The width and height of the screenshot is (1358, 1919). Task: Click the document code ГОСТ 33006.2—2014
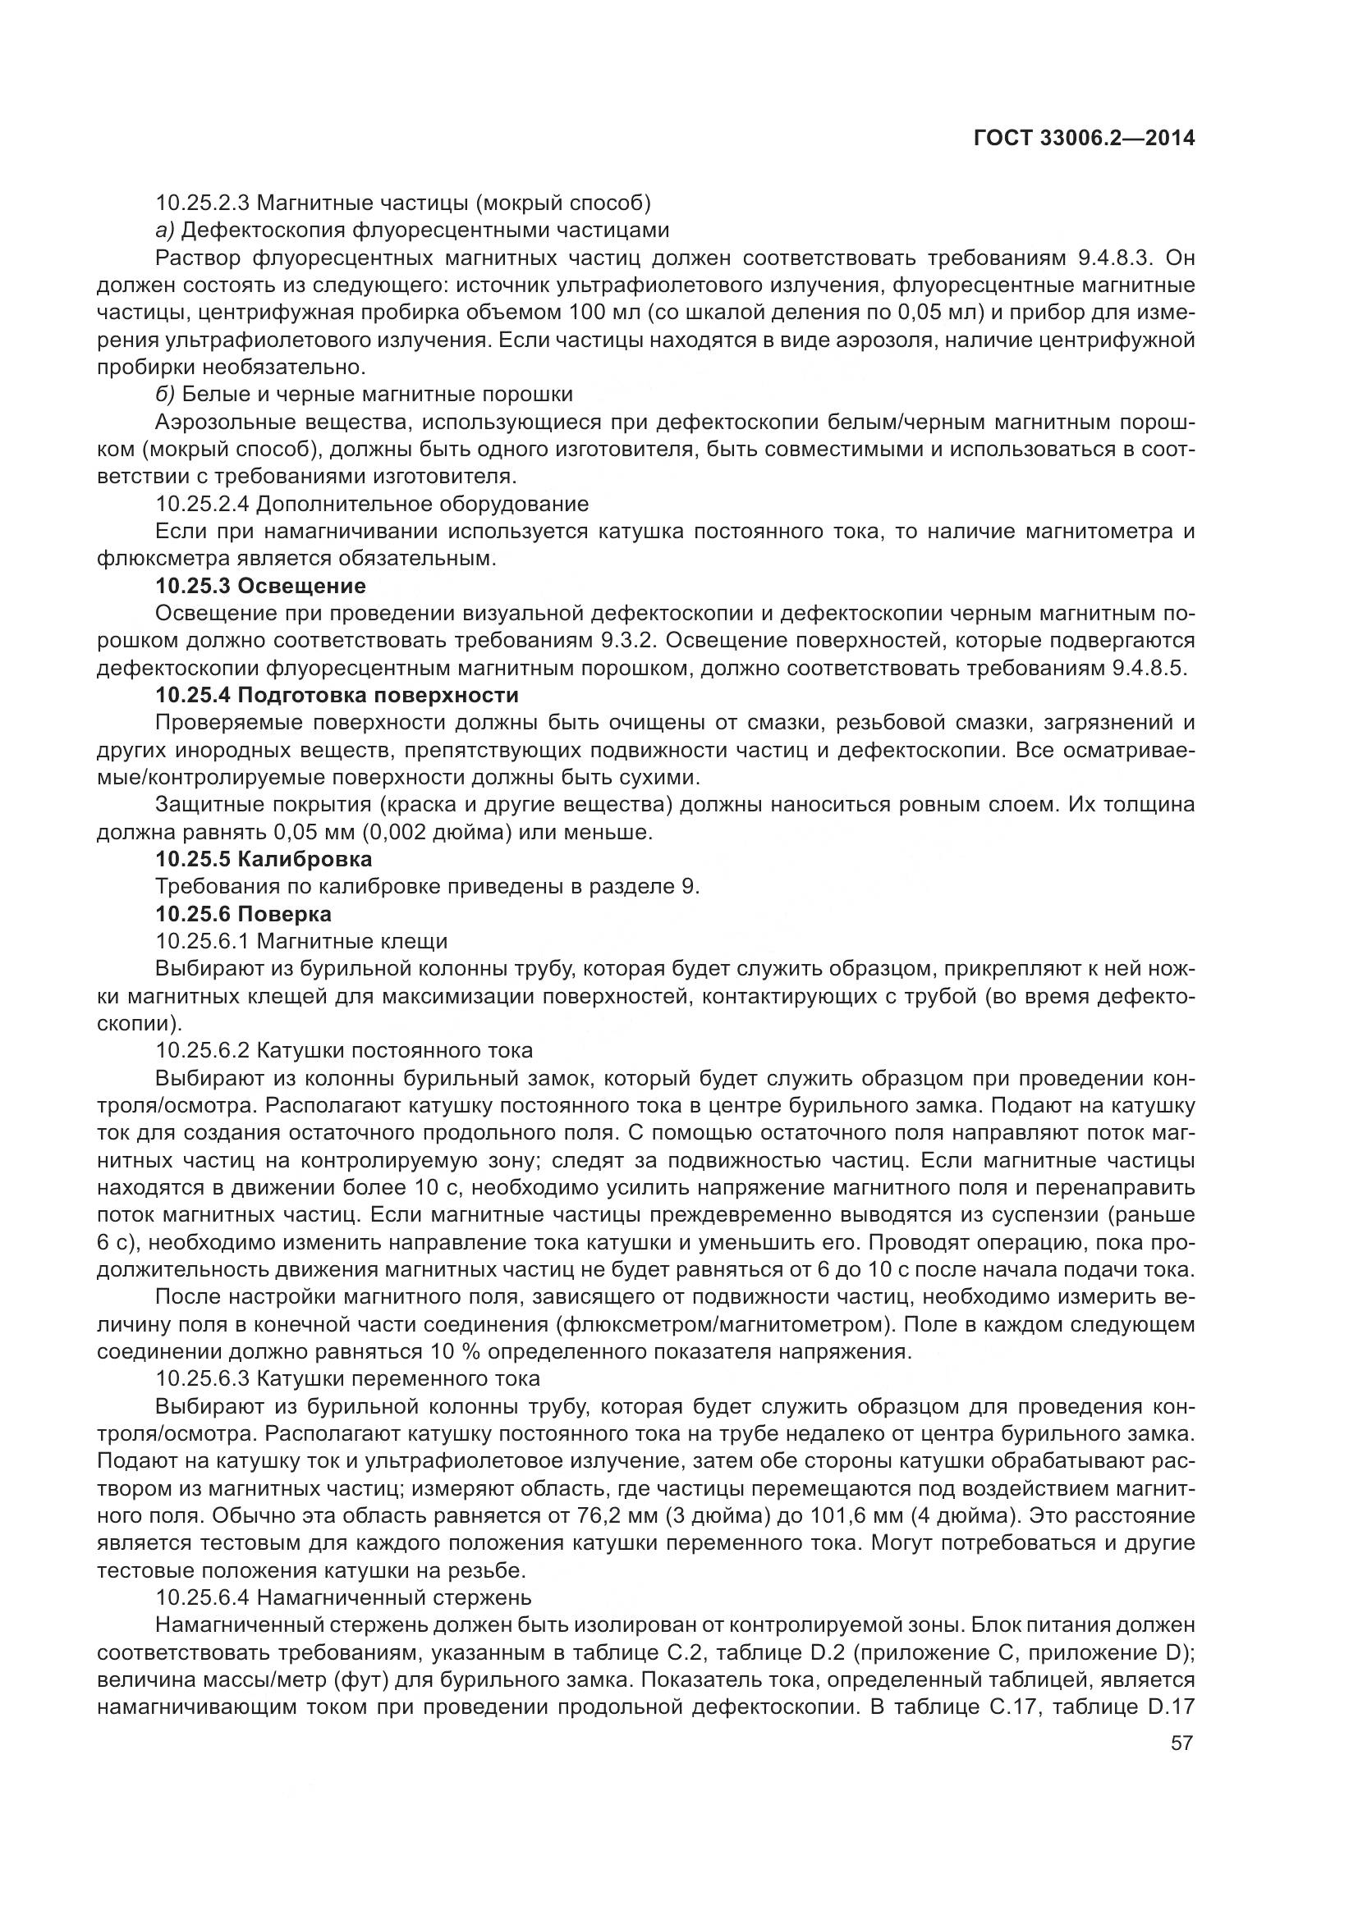pyautogui.click(x=1084, y=138)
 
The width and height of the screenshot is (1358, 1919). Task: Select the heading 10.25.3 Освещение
pyautogui.click(x=260, y=585)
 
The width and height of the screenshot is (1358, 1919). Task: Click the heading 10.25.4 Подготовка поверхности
pyautogui.click(x=337, y=696)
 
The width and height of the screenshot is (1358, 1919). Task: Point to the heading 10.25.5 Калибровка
pyautogui.click(x=264, y=858)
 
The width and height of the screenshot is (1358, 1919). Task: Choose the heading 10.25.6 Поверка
pyautogui.click(x=243, y=913)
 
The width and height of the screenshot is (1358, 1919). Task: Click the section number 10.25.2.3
pyautogui.click(x=202, y=203)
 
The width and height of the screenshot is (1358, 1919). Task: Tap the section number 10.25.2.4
pyautogui.click(x=202, y=504)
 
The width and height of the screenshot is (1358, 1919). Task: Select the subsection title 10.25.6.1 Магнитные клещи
pyautogui.click(x=301, y=941)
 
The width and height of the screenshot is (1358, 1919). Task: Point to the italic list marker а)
pyautogui.click(x=165, y=230)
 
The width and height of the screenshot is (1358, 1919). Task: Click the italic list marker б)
pyautogui.click(x=165, y=395)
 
